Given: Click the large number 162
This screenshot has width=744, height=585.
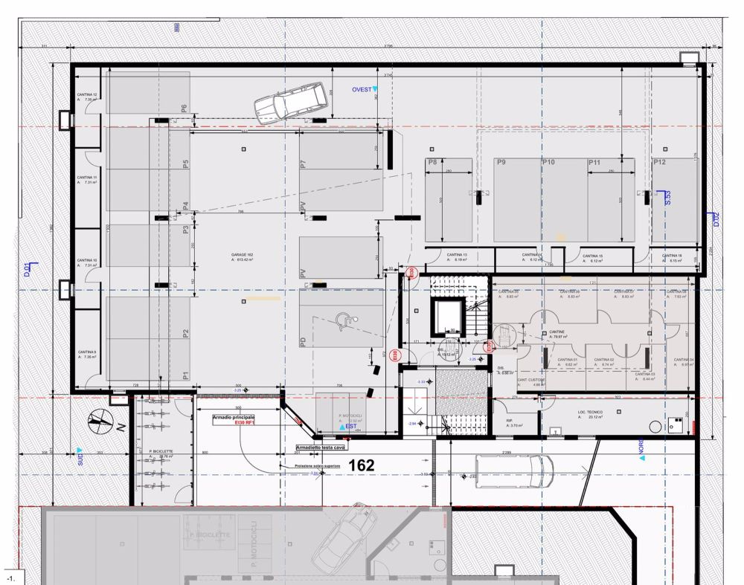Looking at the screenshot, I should click(x=360, y=465).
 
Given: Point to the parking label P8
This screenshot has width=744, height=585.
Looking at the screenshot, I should click(x=432, y=163).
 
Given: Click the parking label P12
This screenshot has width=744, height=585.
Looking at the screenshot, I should click(x=658, y=163).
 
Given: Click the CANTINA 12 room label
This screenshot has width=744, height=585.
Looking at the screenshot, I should click(x=87, y=95).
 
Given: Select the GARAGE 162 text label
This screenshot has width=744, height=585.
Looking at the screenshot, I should click(x=243, y=255).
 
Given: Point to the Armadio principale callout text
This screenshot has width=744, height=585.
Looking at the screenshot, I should click(x=234, y=418).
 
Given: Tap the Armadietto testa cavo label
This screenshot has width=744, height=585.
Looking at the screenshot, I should click(x=321, y=448).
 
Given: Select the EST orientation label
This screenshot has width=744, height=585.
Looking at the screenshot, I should click(x=350, y=427).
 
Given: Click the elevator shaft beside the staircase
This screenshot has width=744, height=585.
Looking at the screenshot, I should click(x=447, y=318).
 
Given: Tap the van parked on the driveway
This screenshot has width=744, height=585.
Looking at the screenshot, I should click(x=514, y=470).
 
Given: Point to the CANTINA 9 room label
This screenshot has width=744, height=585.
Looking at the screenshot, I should click(x=87, y=352).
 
